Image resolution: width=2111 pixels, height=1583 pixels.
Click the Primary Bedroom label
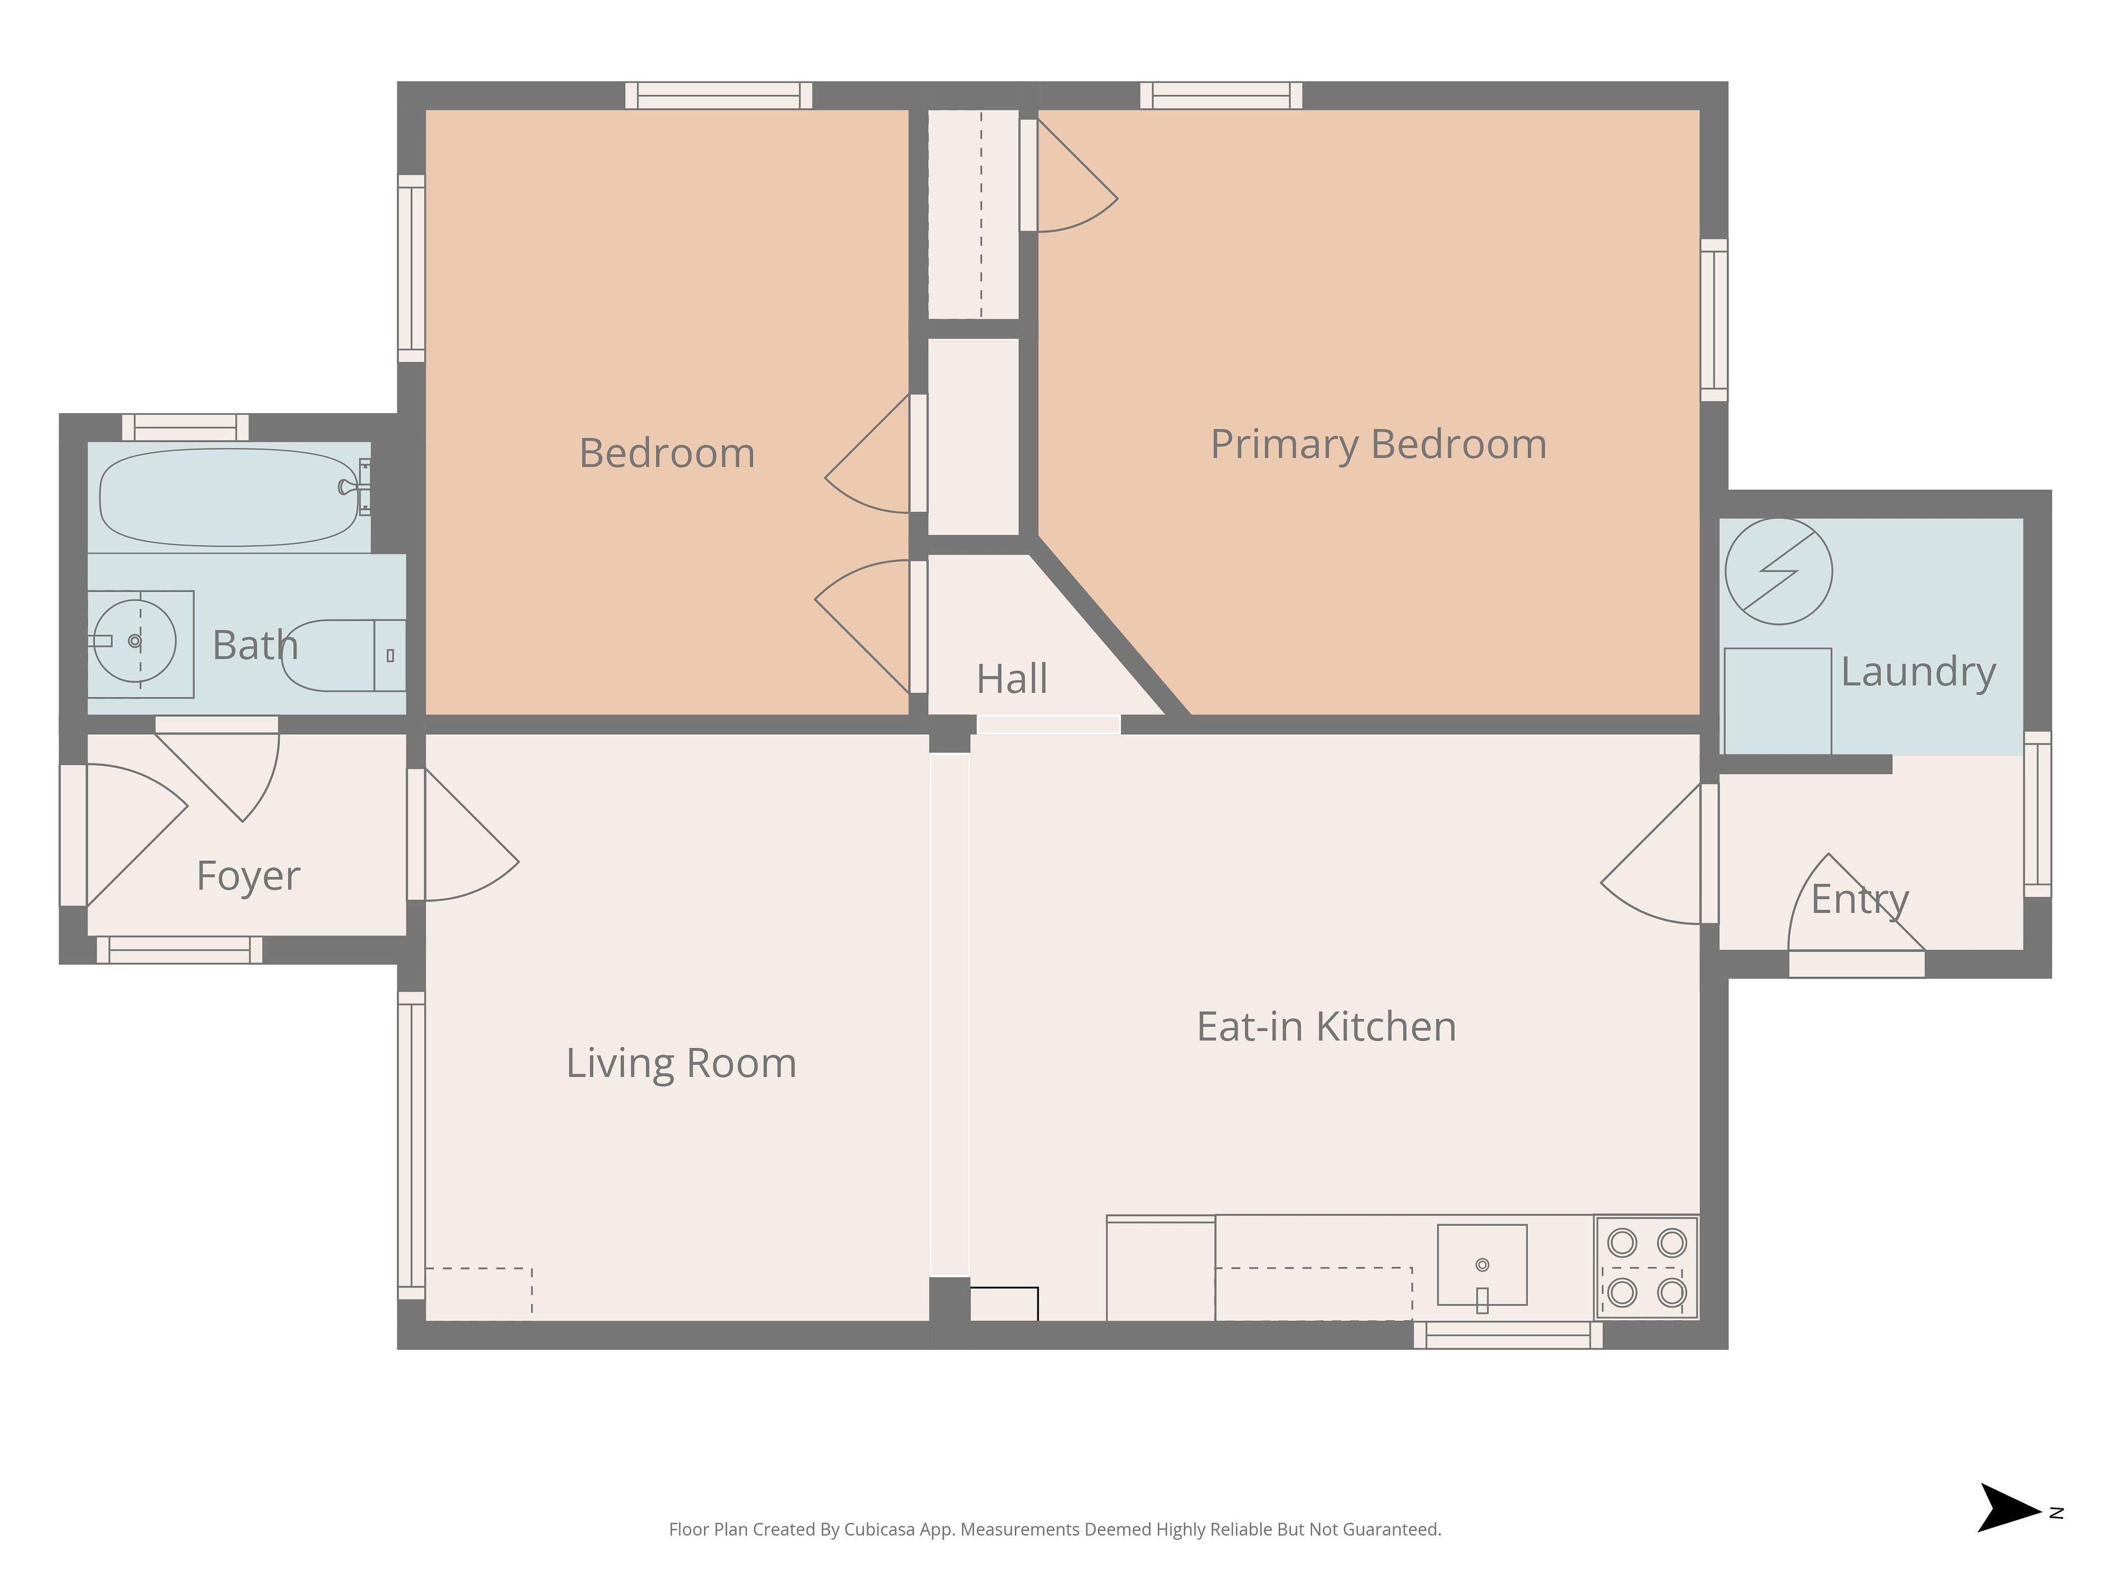click(x=1378, y=445)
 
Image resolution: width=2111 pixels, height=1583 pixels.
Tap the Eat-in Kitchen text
click(x=1327, y=1027)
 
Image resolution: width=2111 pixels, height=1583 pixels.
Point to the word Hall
click(x=1012, y=679)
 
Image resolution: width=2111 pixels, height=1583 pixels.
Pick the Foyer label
click(x=248, y=876)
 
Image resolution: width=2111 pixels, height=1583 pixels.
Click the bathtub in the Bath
click(x=229, y=497)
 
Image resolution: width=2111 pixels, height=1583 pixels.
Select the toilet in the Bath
click(x=344, y=656)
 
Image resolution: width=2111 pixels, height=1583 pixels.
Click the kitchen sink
click(x=1482, y=1264)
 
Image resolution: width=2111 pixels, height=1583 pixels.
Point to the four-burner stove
click(x=1646, y=1267)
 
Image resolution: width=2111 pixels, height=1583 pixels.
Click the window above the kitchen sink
click(x=1508, y=1335)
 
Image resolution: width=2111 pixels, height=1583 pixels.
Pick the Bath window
click(x=185, y=428)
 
